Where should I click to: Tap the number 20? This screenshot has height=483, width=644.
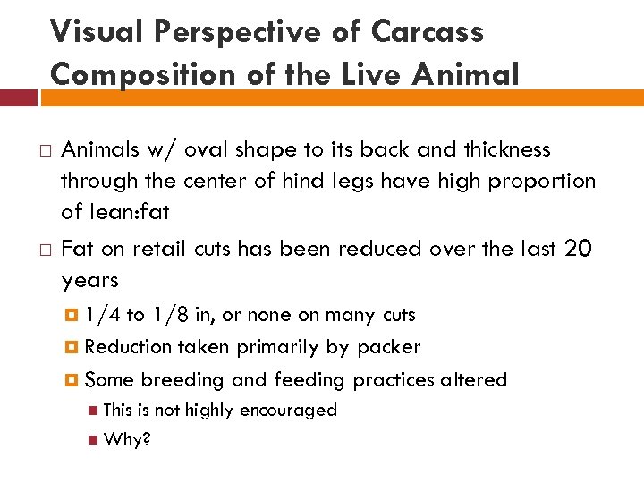tap(578, 250)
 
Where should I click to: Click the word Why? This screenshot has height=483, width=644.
tap(127, 441)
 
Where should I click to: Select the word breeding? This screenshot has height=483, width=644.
tap(182, 380)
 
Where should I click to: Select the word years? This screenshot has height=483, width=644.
tap(89, 281)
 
